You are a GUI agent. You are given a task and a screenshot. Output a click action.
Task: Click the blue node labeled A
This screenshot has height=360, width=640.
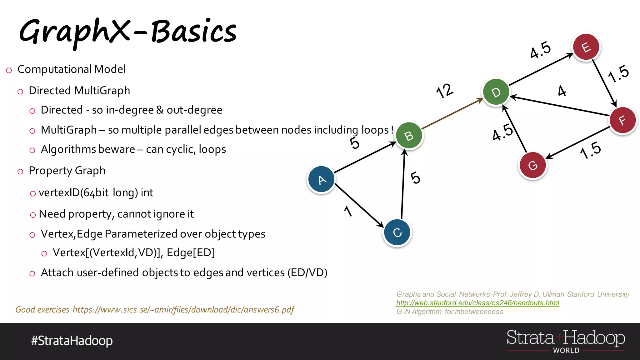pos(321,180)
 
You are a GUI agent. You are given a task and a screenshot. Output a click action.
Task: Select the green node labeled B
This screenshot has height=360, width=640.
pos(409,136)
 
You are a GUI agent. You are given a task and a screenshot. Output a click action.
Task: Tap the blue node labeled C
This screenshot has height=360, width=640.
pos(397,232)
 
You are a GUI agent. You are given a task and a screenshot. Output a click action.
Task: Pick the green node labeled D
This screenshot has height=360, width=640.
pos(496,92)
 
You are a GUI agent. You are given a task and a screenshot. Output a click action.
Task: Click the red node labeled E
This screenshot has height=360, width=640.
pos(586,47)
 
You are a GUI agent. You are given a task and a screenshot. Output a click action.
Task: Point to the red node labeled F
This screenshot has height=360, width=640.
pos(623,120)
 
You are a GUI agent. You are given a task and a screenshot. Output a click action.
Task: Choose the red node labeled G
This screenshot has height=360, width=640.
pos(532,165)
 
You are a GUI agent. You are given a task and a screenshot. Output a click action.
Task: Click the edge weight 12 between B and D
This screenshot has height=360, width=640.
pos(444,91)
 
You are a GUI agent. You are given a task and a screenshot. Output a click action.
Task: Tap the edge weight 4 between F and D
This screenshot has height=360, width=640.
pos(562,91)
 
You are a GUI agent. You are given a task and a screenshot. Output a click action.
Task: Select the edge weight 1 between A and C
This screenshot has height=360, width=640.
pos(348,211)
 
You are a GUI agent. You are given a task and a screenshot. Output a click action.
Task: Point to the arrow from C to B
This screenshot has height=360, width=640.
pos(403,184)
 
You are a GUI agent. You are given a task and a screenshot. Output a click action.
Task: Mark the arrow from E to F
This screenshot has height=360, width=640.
pos(604,83)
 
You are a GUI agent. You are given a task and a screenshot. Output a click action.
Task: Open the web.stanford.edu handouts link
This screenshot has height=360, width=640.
pos(477,303)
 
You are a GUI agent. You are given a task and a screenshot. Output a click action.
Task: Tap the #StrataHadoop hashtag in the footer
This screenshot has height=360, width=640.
pos(72,341)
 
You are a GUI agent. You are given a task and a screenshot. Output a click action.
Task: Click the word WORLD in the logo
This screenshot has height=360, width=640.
pos(566,351)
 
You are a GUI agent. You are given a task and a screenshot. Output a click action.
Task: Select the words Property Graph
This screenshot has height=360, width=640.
pos(67,171)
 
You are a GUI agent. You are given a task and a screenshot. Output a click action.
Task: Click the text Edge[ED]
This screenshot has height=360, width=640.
pos(191,252)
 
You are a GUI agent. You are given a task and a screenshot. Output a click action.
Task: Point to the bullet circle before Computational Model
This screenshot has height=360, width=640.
pos(9,70)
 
